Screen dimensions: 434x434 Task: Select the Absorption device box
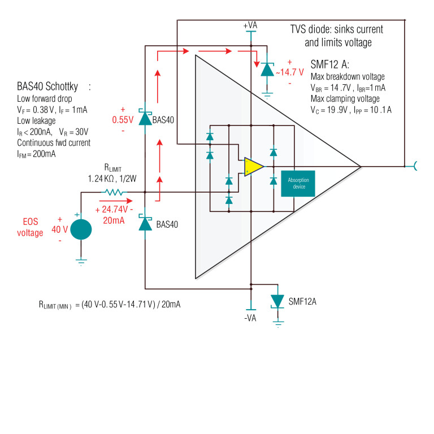click(298, 183)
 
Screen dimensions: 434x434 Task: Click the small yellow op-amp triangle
click(253, 167)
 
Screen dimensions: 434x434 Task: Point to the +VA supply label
click(250, 26)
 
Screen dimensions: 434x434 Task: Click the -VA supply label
click(250, 318)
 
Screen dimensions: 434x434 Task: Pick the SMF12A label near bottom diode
click(302, 301)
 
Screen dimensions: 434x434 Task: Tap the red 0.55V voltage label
click(122, 120)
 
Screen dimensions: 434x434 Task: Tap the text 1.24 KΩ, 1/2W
click(112, 179)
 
